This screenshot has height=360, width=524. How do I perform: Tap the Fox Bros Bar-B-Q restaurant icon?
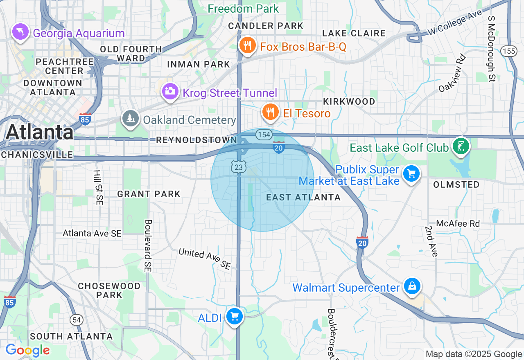point(247,45)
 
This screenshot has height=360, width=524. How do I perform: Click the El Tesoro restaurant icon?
point(270,112)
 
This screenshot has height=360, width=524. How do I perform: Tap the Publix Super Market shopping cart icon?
point(411,174)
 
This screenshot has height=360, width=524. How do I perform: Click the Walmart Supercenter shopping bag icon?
point(412,286)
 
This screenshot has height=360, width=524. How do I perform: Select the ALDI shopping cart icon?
point(235,316)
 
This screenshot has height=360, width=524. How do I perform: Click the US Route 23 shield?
point(238,166)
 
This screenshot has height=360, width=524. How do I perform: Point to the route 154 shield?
point(264,134)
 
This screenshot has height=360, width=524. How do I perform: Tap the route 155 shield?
point(508,51)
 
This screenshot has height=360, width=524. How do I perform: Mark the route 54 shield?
point(77,320)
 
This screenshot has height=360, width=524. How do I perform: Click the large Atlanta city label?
point(39,132)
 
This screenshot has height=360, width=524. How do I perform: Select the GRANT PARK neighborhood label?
point(149,194)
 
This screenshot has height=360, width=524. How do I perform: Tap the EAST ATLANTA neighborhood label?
point(303,197)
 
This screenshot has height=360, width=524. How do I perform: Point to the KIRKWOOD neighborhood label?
point(349,101)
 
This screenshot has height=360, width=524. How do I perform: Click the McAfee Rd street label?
point(458,223)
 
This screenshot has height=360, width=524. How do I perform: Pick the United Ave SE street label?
point(204,258)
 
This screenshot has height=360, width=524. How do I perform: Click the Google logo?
point(28,351)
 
